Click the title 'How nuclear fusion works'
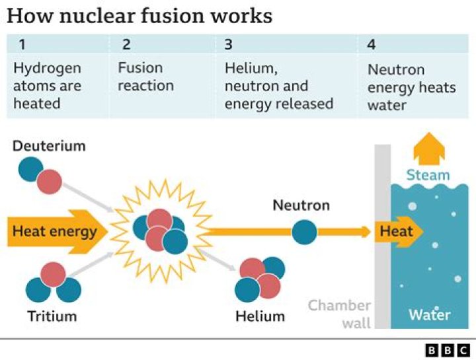[139, 15]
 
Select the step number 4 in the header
[372, 45]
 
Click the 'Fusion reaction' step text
[145, 77]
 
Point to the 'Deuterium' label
[49, 146]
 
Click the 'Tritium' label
[52, 316]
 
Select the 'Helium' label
[260, 316]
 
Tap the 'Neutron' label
[301, 205]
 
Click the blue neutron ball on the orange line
[304, 232]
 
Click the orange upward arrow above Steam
[428, 148]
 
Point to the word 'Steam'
[428, 175]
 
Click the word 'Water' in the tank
[429, 314]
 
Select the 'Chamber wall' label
[339, 313]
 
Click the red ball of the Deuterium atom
[49, 182]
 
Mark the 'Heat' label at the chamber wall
[396, 231]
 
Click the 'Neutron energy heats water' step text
[411, 87]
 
